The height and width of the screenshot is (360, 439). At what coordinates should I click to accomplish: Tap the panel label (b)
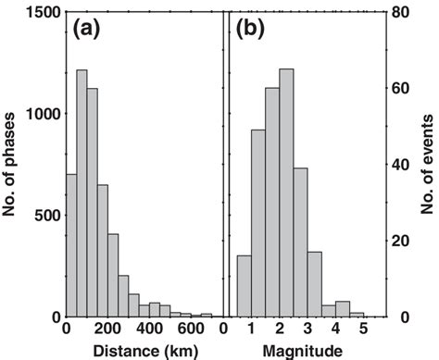(252, 29)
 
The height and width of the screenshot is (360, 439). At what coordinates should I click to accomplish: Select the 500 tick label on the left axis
(45, 216)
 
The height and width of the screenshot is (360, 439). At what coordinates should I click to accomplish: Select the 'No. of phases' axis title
(12, 165)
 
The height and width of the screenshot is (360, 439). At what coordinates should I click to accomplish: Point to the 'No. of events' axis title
(428, 165)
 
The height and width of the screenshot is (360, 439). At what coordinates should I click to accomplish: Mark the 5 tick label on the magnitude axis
(363, 329)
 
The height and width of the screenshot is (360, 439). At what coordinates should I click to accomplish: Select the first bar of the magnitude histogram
(244, 286)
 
